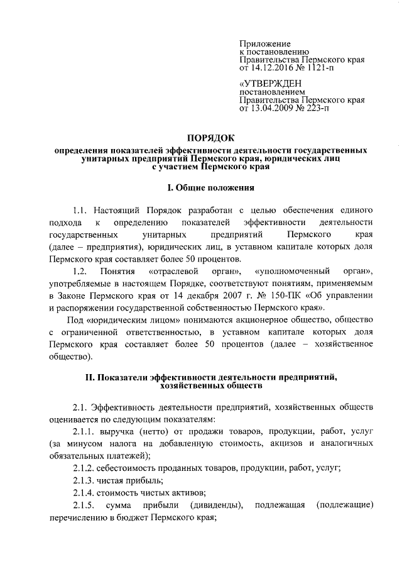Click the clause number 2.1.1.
pyautogui.click(x=85, y=433)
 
